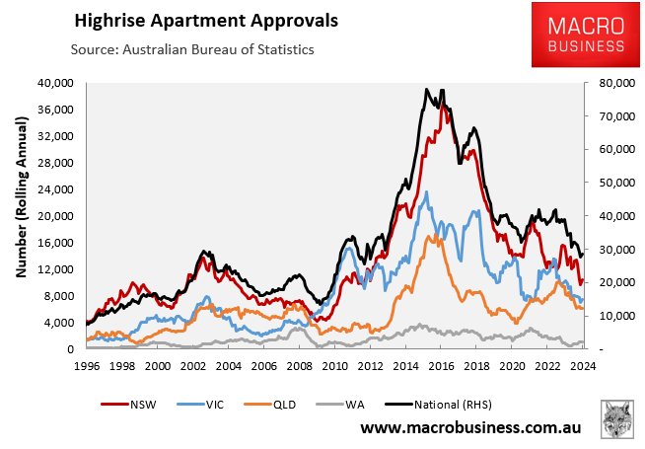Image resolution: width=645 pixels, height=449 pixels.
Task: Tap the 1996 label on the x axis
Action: pyautogui.click(x=87, y=365)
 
